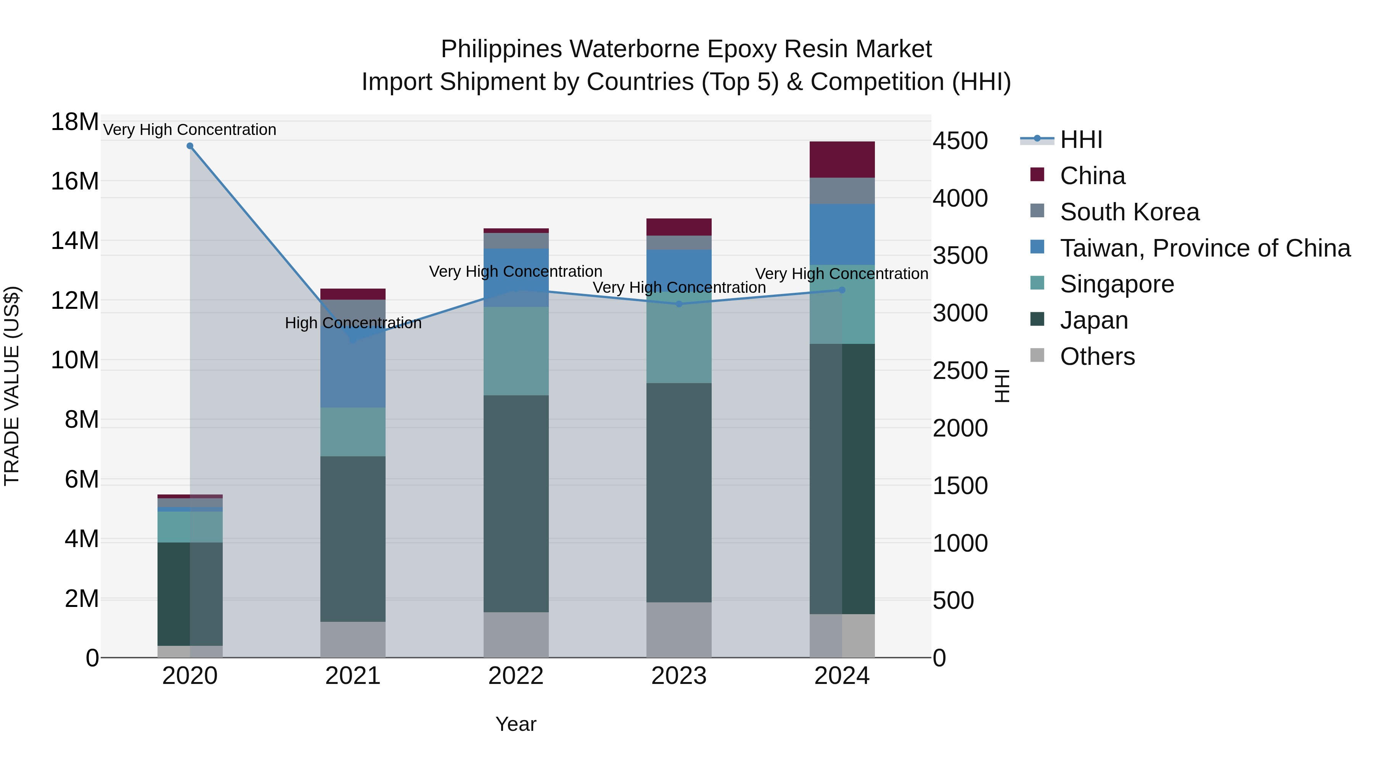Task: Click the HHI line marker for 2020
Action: coord(190,146)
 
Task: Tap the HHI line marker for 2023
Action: coord(678,304)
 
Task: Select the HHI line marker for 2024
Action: coord(842,290)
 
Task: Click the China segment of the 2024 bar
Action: coord(842,159)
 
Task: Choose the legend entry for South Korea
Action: coord(1129,212)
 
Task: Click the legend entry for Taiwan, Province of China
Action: coord(1204,248)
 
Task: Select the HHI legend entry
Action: coord(1080,140)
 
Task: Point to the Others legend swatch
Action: coord(1037,355)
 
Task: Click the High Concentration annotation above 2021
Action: coord(353,323)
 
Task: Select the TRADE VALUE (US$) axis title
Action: coord(12,386)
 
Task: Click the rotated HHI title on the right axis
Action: coord(1002,386)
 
